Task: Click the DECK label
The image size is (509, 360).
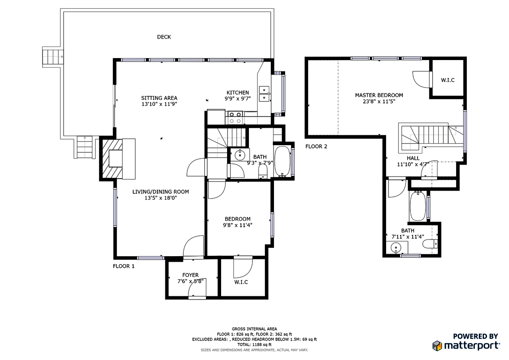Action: point(164,37)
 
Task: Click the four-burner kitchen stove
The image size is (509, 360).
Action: point(235,117)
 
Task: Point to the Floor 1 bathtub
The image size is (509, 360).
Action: point(282,162)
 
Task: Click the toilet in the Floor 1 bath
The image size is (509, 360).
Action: point(263,171)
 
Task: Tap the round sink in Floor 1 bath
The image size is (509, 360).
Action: point(240,155)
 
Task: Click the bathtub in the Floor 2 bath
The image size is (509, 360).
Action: point(418,206)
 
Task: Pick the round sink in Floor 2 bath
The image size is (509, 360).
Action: point(395,248)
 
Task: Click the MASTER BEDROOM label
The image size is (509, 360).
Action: point(379,95)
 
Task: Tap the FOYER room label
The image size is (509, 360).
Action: point(190,275)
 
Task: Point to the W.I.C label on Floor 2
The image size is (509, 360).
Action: point(447,80)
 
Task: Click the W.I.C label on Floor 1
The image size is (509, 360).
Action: point(241,282)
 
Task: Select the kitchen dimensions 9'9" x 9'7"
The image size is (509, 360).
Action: point(238,99)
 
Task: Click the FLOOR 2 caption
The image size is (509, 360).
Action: point(316,146)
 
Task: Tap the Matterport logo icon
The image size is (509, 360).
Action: point(437,345)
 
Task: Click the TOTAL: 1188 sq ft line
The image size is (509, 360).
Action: point(254,344)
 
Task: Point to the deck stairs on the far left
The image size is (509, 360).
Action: point(53,56)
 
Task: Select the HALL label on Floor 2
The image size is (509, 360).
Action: point(413,158)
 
